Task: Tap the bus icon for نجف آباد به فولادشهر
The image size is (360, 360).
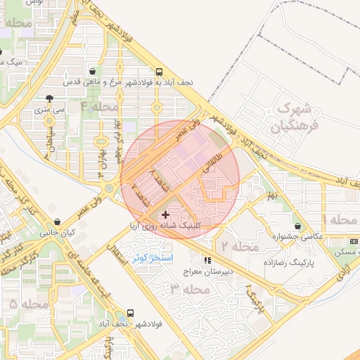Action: pyautogui.click(x=159, y=72)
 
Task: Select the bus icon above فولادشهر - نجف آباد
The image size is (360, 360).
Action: pyautogui.click(x=129, y=313)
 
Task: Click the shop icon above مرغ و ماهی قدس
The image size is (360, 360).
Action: pyautogui.click(x=94, y=72)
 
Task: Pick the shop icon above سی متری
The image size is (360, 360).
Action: pyautogui.click(x=48, y=99)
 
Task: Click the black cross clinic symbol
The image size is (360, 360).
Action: pyautogui.click(x=165, y=214)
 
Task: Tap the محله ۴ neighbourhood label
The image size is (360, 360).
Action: pyautogui.click(x=101, y=107)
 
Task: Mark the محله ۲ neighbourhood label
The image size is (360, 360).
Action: pyautogui.click(x=240, y=247)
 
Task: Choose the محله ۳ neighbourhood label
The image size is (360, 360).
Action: pyautogui.click(x=180, y=289)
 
